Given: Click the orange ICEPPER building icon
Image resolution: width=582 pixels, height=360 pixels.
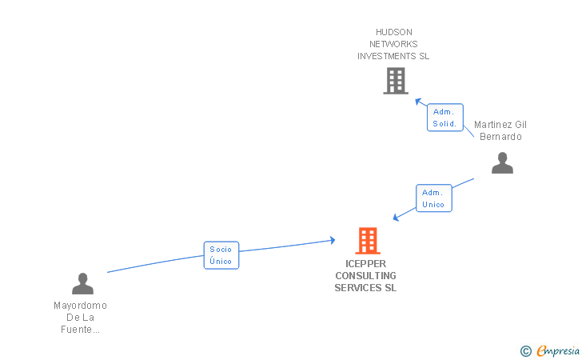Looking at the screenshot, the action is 368,240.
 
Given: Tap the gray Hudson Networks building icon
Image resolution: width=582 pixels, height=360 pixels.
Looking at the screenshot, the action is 396,81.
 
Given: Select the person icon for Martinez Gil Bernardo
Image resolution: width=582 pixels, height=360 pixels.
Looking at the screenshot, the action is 502,162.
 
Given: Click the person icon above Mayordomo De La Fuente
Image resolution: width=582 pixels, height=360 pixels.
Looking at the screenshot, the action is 82,283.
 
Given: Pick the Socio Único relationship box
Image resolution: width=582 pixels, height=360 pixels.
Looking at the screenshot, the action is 221,255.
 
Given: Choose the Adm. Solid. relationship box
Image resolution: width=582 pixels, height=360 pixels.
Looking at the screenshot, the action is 445,118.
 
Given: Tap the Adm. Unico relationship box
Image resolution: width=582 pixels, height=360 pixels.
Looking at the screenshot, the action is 434,198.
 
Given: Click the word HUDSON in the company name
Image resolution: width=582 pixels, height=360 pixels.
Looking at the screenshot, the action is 394,32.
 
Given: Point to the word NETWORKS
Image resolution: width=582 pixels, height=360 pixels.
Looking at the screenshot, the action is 393,44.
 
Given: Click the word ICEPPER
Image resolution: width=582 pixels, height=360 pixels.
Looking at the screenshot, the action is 365,264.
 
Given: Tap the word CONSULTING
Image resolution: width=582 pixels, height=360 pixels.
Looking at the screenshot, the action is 365,276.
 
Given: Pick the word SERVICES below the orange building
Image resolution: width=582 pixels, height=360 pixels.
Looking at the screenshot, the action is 353,287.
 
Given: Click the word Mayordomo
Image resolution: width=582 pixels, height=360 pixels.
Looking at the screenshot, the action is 81,306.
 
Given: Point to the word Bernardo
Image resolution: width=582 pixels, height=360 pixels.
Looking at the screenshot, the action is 500,137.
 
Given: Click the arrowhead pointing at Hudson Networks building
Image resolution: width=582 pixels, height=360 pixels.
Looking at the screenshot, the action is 418,101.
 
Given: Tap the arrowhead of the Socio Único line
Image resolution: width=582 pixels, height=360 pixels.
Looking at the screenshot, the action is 333,240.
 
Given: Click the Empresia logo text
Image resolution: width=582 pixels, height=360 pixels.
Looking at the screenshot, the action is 558,350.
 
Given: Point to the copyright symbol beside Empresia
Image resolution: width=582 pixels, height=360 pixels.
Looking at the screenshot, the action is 526,351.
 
